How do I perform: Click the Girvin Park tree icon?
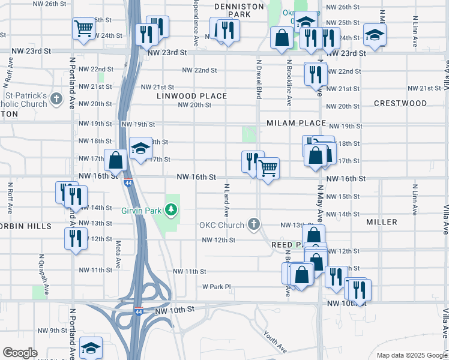(x=172, y=209)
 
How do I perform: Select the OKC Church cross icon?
(x=254, y=225)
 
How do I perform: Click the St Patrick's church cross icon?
(x=56, y=99)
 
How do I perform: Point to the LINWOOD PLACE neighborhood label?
(x=192, y=96)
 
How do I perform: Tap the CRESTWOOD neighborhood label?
(x=400, y=103)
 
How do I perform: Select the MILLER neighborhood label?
(x=382, y=222)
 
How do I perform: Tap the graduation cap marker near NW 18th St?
(x=140, y=148)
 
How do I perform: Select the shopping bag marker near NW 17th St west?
(x=116, y=160)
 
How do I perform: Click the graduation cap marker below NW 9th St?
(x=91, y=347)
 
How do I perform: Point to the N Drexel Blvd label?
(x=259, y=78)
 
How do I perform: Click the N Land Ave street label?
(x=227, y=200)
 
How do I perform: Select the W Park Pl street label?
(x=216, y=287)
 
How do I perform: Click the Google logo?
(x=20, y=353)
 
